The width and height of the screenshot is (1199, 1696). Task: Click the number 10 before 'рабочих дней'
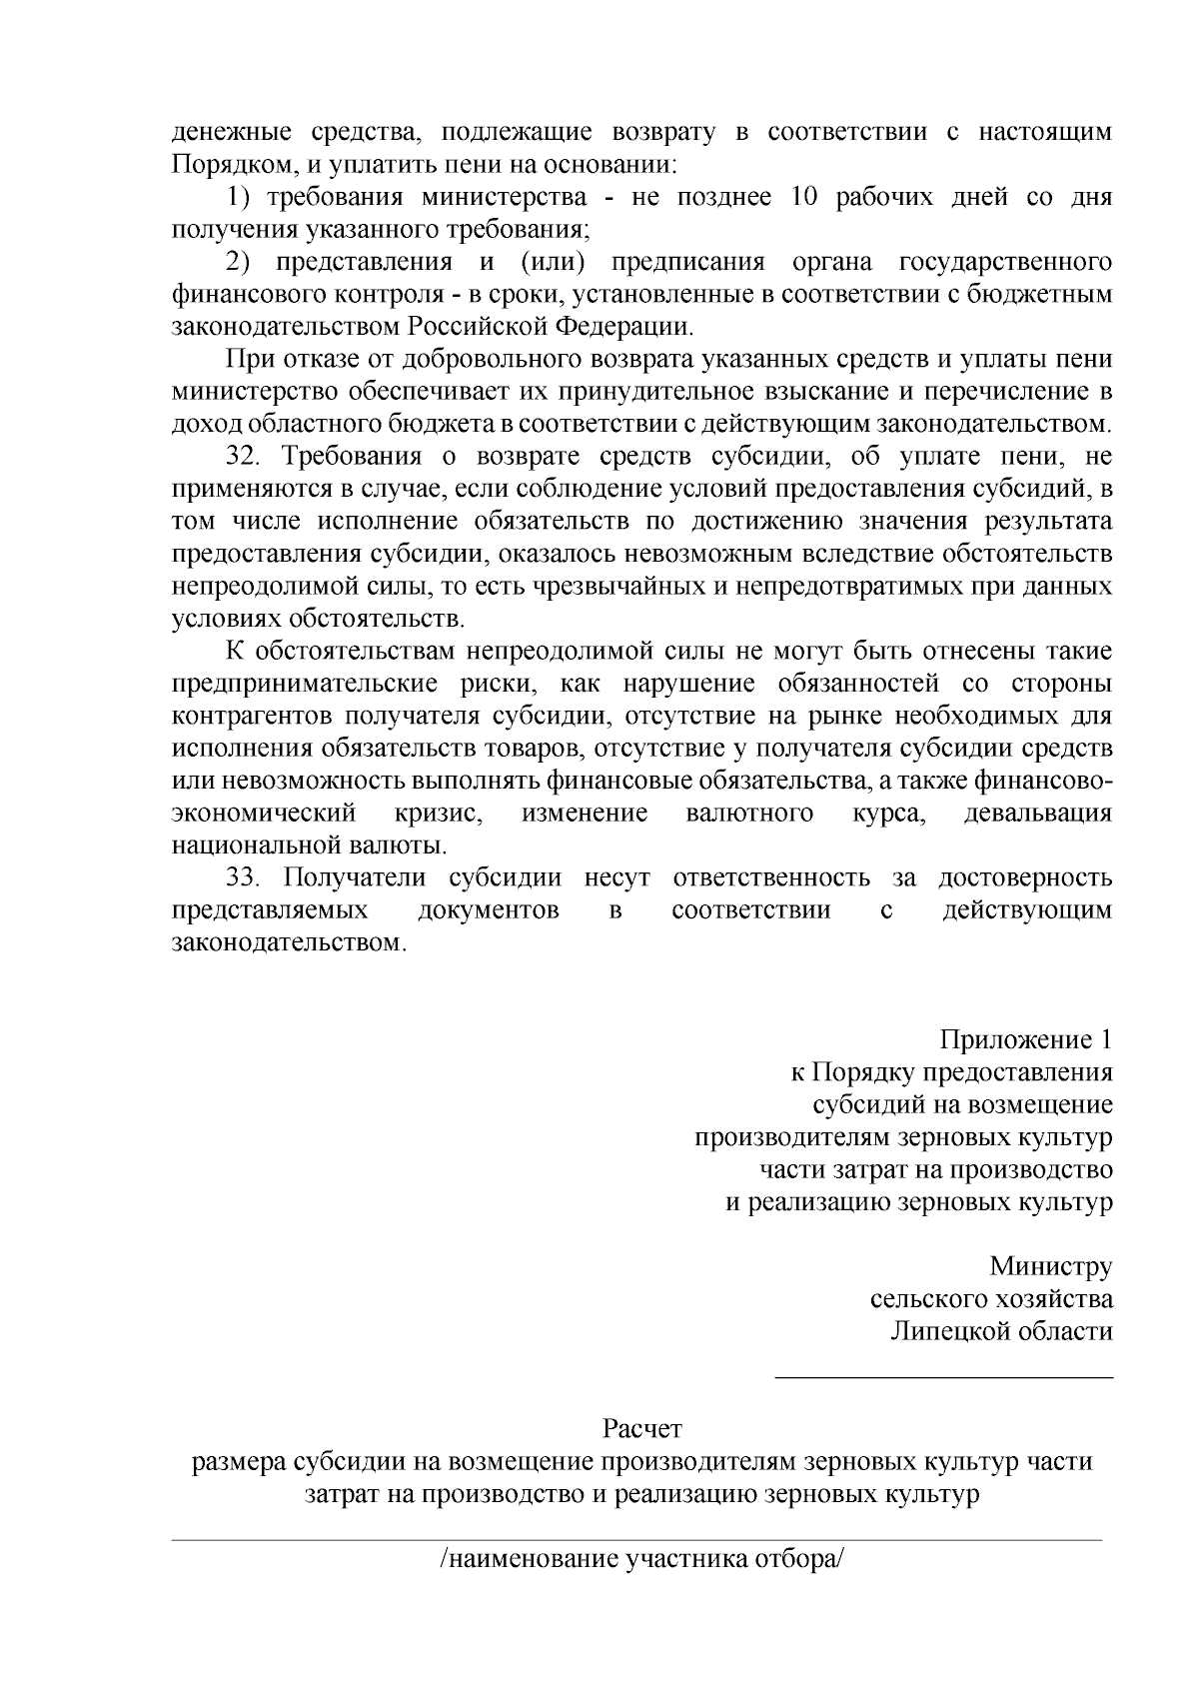coord(804,197)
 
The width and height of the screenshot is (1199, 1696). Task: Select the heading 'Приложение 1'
coord(1025,1040)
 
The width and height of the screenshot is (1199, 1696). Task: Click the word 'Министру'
coord(1050,1267)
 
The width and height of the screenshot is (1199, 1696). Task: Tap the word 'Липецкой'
coord(949,1332)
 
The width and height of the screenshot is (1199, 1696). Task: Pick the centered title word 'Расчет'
coord(641,1430)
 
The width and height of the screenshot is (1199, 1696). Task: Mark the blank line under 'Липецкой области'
coord(944,1378)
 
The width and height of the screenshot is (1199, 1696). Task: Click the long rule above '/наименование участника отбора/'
coord(636,1540)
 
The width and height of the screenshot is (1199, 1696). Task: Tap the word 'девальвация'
coord(1037,814)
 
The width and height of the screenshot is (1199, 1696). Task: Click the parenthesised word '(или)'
coord(552,262)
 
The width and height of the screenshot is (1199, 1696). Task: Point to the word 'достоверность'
coord(1024,878)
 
